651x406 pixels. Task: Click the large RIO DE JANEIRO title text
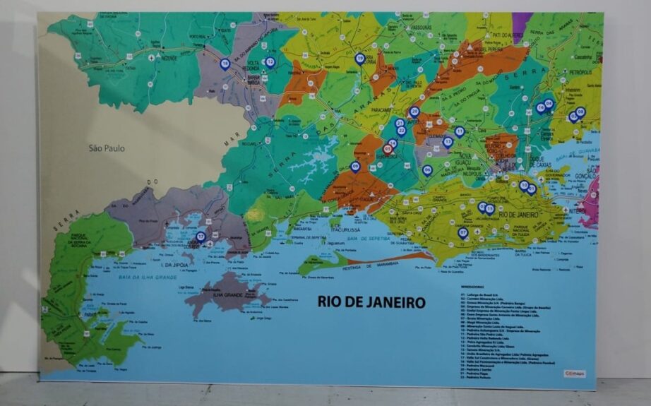tap(371, 302)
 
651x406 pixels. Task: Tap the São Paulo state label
tap(105, 148)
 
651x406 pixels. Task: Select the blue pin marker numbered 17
tap(201, 237)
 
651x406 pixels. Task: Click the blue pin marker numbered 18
tap(225, 64)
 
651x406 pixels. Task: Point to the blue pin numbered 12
tap(269, 62)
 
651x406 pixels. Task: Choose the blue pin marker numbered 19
tap(360, 59)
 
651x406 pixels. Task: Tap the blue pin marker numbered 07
tap(463, 232)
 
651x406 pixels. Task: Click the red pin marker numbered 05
tap(387, 149)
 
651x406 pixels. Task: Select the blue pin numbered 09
tap(355, 167)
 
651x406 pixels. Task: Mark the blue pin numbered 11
tap(459, 131)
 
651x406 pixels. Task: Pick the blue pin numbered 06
tap(427, 169)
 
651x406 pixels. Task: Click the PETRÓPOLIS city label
tap(580, 72)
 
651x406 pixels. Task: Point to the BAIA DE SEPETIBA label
tap(368, 240)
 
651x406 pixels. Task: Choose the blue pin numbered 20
tap(414, 112)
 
